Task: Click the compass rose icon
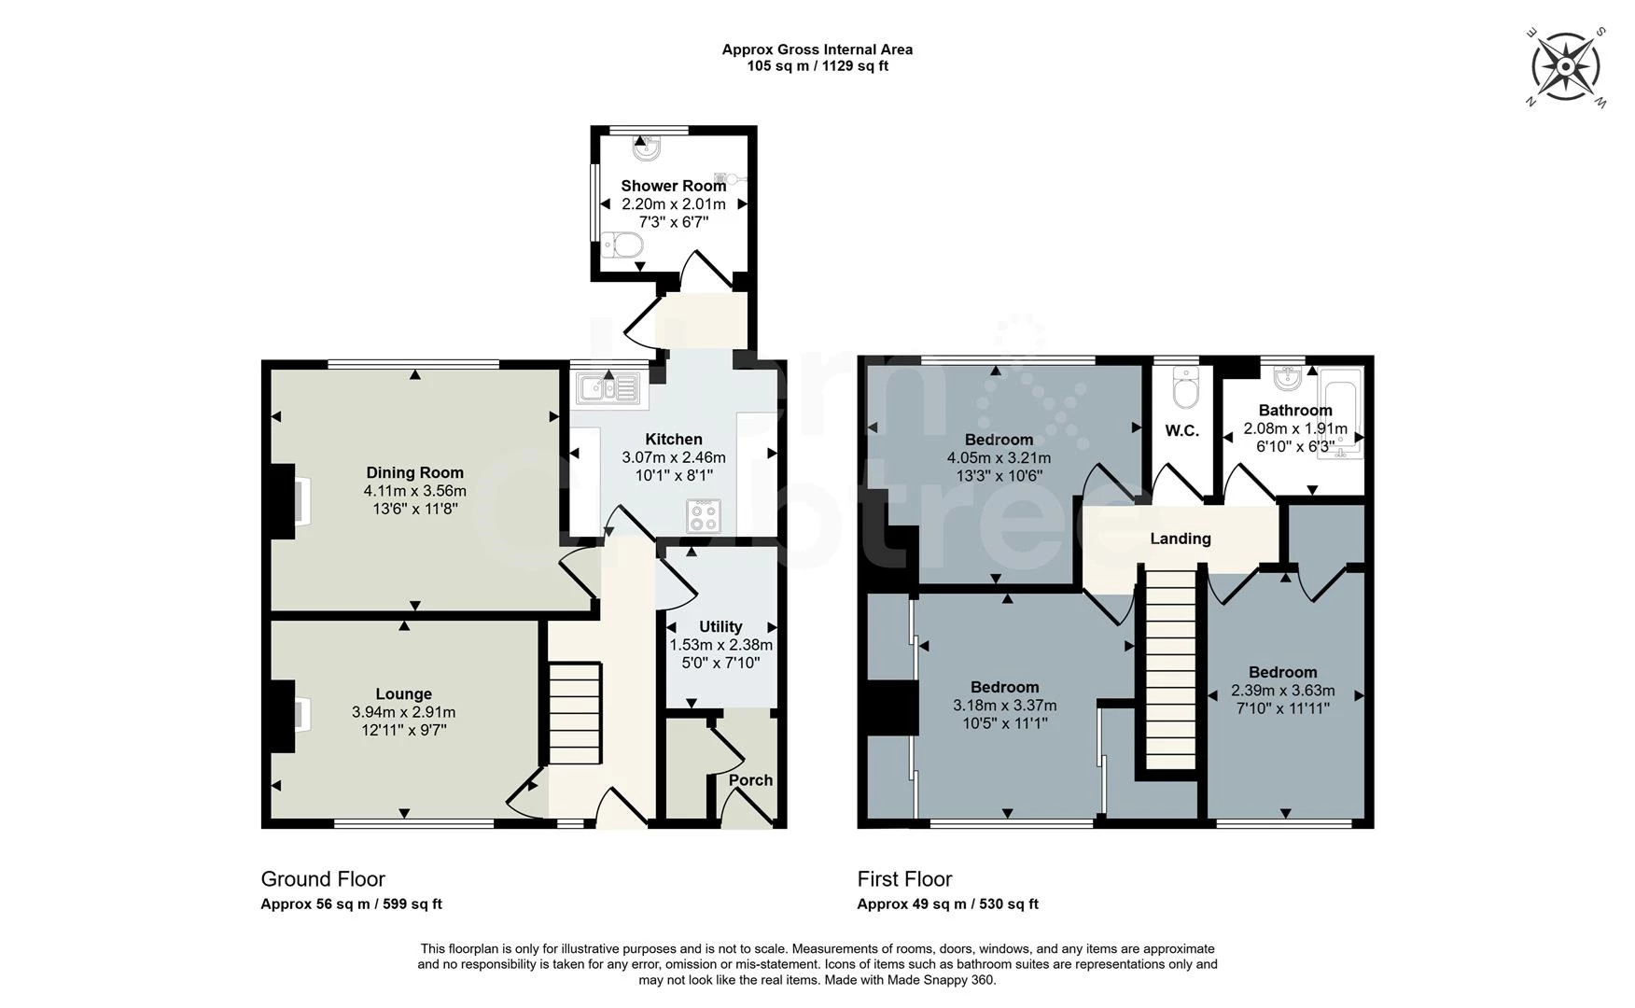click(x=1567, y=66)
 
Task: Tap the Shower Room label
click(x=673, y=186)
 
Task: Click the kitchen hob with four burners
click(x=704, y=516)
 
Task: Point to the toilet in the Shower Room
click(x=622, y=246)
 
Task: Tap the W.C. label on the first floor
click(x=1181, y=430)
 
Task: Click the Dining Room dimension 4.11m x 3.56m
click(x=415, y=490)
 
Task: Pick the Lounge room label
click(x=403, y=693)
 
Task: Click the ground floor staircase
click(x=573, y=714)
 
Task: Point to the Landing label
click(x=1181, y=539)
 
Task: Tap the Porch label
click(x=750, y=780)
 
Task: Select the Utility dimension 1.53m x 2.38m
click(x=720, y=645)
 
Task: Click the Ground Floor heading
click(x=323, y=879)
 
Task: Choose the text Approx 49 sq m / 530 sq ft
click(x=947, y=903)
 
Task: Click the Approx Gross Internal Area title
click(x=817, y=49)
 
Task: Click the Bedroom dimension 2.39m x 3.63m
click(x=1283, y=691)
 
